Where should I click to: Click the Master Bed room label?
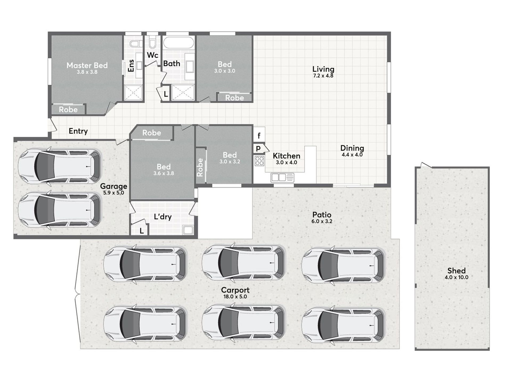(x=87, y=65)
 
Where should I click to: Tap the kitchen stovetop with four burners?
(x=259, y=161)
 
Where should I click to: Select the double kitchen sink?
(x=282, y=177)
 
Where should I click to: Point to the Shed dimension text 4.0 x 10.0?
(x=456, y=277)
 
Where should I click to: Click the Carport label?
(x=235, y=290)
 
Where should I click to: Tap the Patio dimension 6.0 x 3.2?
(x=322, y=221)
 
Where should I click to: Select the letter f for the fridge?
(x=259, y=136)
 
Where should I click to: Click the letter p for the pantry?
(x=258, y=148)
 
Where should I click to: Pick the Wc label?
(x=153, y=55)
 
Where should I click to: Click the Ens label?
(x=131, y=65)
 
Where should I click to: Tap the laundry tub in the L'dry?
(x=188, y=230)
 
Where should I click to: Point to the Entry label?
(x=78, y=131)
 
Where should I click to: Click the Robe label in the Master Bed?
(x=68, y=110)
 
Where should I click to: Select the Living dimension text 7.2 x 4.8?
(x=323, y=76)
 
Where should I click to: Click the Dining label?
(x=352, y=148)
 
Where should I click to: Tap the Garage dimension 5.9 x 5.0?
(x=114, y=193)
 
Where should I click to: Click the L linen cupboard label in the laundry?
(x=142, y=231)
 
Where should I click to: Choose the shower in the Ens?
(x=133, y=93)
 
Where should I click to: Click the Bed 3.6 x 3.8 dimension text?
(x=164, y=173)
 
